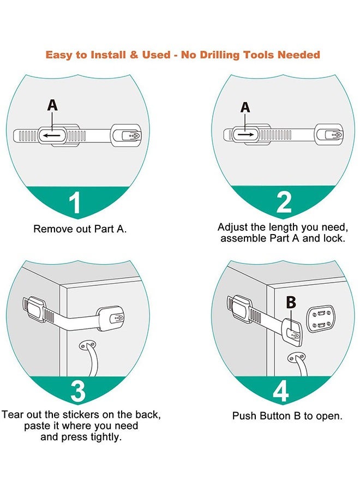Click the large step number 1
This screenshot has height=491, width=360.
point(75,202)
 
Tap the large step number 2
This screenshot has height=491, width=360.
point(284,202)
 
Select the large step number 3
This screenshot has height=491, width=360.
point(77,392)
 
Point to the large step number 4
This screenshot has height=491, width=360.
point(280,392)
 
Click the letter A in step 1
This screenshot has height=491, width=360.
point(52,105)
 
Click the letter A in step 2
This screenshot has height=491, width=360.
point(245,107)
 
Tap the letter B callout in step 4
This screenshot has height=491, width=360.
point(291,302)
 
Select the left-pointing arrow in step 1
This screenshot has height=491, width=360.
point(52,135)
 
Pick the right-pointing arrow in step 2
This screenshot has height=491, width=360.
point(245,133)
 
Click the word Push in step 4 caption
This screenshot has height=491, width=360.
point(244,416)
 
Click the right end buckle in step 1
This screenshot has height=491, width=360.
point(128,134)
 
